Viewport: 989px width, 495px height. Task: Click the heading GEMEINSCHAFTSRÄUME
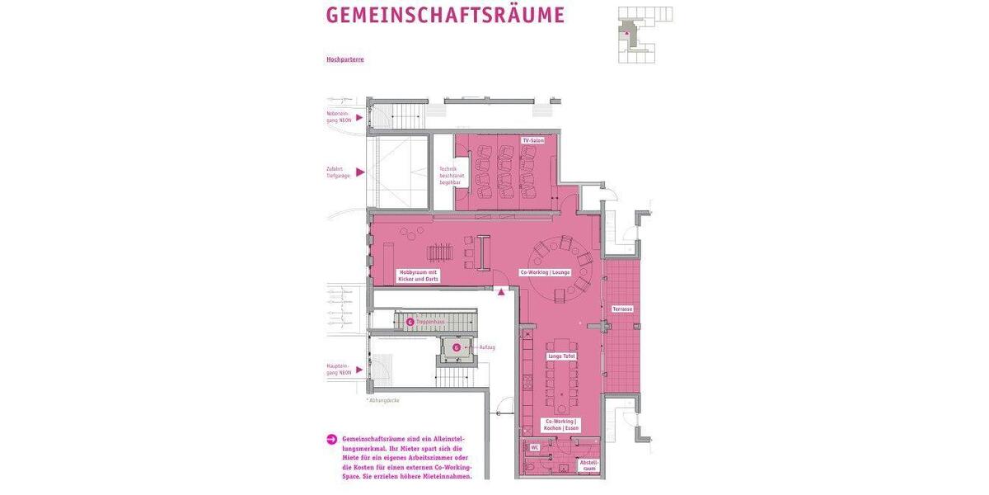[x=445, y=16]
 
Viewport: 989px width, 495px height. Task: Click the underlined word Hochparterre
[x=345, y=59]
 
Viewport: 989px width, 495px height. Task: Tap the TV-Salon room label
[x=533, y=141]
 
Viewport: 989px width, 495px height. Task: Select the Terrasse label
[x=622, y=309]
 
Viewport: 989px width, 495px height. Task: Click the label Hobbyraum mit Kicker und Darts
[x=419, y=276]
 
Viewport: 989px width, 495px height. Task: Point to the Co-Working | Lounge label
[x=545, y=272]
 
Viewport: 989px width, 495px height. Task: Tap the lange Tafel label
[x=562, y=356]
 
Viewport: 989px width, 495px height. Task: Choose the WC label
[x=535, y=447]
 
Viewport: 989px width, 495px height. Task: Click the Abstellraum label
[x=588, y=465]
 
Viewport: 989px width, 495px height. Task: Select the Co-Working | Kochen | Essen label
[x=561, y=425]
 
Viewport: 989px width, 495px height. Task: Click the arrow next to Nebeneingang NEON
[x=359, y=117]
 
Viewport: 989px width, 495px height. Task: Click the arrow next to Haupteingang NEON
[x=359, y=370]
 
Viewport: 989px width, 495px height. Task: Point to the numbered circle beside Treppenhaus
[x=410, y=322]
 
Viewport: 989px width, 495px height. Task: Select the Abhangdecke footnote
[x=383, y=400]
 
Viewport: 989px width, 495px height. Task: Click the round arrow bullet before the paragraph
[x=331, y=439]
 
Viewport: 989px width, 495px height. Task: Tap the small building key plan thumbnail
[x=644, y=34]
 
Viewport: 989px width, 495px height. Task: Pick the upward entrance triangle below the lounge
[x=500, y=290]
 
